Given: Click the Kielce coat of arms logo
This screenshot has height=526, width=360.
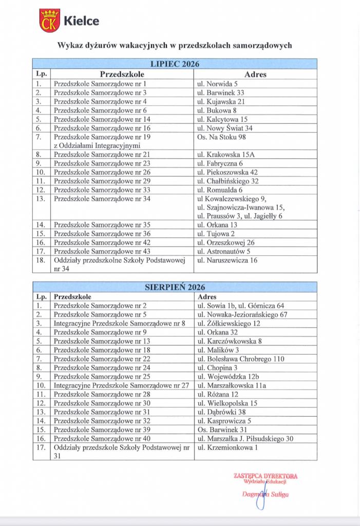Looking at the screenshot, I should pyautogui.click(x=50, y=21).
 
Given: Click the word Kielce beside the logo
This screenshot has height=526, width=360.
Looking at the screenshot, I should pyautogui.click(x=81, y=21).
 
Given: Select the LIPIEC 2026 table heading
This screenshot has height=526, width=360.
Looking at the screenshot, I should pyautogui.click(x=175, y=64).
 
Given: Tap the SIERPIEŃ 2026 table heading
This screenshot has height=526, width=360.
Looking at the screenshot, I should pyautogui.click(x=175, y=287).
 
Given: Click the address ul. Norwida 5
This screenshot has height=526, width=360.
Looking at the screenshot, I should pyautogui.click(x=218, y=83).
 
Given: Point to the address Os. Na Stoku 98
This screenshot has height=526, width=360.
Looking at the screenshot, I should pyautogui.click(x=222, y=137).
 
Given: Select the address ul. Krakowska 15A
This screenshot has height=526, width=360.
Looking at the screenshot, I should pyautogui.click(x=223, y=155).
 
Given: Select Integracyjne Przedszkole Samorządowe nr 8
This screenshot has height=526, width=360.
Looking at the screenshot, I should pyautogui.click(x=119, y=323).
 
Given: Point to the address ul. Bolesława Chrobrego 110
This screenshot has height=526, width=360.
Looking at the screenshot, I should pyautogui.click(x=241, y=359).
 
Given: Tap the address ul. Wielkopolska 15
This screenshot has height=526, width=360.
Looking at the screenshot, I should pyautogui.click(x=228, y=403).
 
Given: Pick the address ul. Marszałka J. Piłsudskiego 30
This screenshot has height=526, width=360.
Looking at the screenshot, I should pyautogui.click(x=245, y=438).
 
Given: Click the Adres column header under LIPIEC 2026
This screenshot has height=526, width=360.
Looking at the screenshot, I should pyautogui.click(x=255, y=74).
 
